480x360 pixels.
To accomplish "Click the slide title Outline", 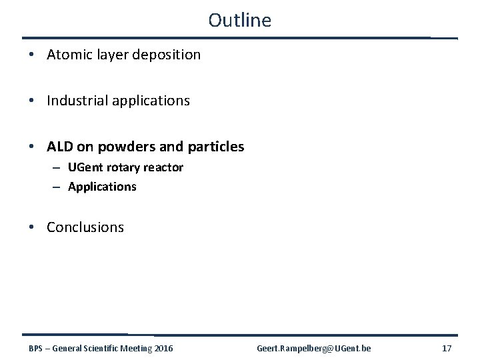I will pyautogui.click(x=239, y=20).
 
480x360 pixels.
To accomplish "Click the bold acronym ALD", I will pyautogui.click(x=61, y=146).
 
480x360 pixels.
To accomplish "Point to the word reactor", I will pyautogui.click(x=164, y=167).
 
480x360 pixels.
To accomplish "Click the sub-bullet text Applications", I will pyautogui.click(x=102, y=187).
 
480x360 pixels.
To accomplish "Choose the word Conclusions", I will pyautogui.click(x=85, y=227).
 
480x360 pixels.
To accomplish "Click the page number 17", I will pyautogui.click(x=446, y=348).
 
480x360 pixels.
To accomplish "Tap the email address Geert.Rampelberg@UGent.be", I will pyautogui.click(x=314, y=348).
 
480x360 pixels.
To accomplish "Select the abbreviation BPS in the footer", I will pyautogui.click(x=37, y=348).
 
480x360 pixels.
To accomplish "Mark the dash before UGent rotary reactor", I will pyautogui.click(x=58, y=167).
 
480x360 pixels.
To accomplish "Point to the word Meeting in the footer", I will pyautogui.click(x=130, y=348).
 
